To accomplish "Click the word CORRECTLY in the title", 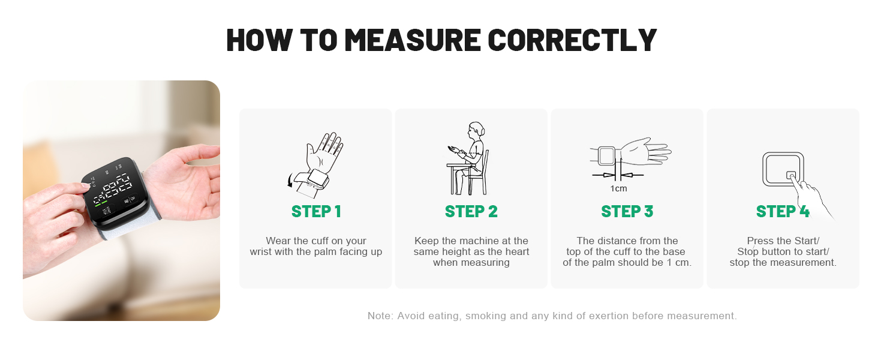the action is pos(572,40).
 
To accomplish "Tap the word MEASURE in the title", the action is pos(413,40).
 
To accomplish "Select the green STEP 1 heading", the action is pos(316,211).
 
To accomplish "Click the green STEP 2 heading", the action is pos(471,211).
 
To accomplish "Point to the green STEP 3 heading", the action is pos(627,211).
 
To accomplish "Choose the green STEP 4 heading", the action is pos(783,211).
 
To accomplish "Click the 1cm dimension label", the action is pos(618,188).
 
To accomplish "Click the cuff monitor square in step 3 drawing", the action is pos(606,156).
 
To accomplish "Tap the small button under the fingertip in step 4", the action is pos(790,175).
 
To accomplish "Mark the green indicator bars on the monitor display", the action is pos(100,203).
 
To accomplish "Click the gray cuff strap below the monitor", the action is pos(130,227).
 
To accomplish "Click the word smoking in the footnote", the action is pos(485,316).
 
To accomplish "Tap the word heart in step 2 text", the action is pos(516,252).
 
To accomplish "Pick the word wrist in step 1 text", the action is pos(261,252).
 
